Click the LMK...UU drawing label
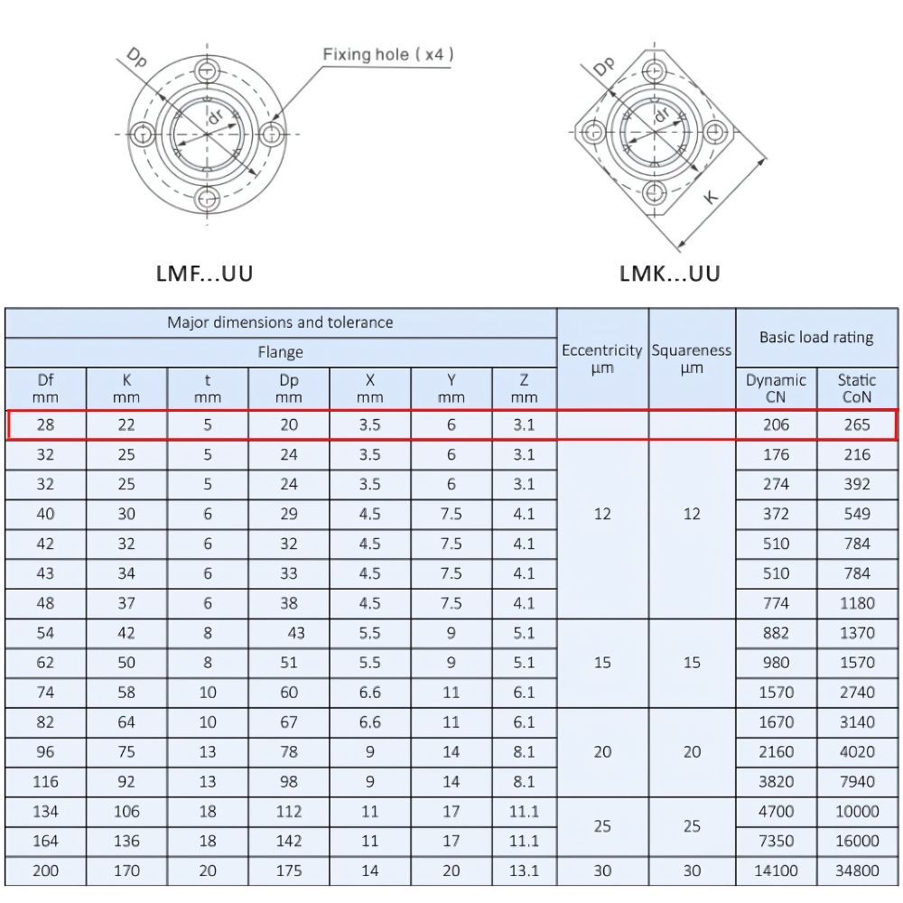tap(670, 273)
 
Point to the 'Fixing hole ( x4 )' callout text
tap(388, 54)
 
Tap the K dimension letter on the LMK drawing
tap(712, 194)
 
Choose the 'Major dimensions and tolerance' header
tap(280, 322)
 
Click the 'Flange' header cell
tap(280, 352)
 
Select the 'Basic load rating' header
tap(816, 338)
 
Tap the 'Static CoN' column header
tap(857, 388)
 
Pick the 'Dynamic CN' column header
tap(776, 388)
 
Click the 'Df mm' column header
tap(45, 388)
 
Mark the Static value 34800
tap(857, 870)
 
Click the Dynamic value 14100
tap(776, 870)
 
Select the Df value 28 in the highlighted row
tap(45, 425)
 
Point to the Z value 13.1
tap(524, 870)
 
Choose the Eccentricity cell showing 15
tap(602, 663)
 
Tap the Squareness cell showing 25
tap(692, 826)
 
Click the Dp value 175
tap(289, 870)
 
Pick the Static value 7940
tap(857, 781)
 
